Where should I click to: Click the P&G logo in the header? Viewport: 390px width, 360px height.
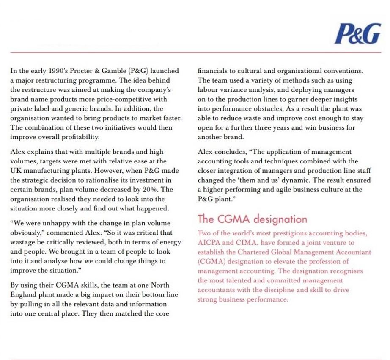[x=357, y=34]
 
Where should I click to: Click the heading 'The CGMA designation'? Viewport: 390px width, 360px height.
[x=252, y=219]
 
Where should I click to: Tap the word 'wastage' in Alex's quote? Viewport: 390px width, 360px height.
[x=23, y=242]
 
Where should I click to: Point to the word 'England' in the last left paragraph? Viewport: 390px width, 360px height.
[x=23, y=295]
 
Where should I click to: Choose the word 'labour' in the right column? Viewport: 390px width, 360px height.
[x=207, y=90]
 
